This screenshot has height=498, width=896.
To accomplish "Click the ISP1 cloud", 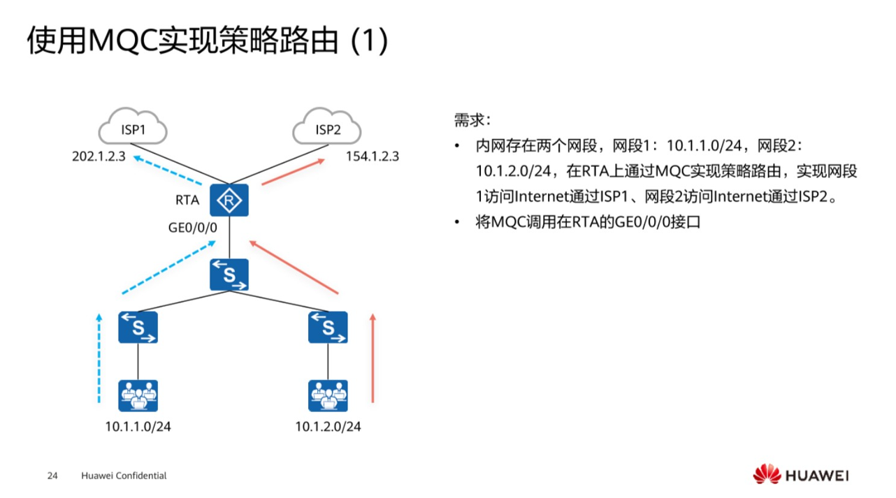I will click(x=133, y=129).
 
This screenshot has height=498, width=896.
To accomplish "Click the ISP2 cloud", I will click(x=327, y=129).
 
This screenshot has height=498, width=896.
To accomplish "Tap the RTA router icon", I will click(x=230, y=201).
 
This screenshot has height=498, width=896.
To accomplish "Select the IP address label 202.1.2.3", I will click(x=99, y=156).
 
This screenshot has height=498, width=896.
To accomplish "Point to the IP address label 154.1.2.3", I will click(x=373, y=156).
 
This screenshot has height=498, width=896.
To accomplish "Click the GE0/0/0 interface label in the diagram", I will click(x=193, y=227).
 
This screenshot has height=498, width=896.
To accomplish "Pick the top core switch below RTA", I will click(x=230, y=274).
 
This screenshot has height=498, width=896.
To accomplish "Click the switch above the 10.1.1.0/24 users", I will click(x=138, y=327).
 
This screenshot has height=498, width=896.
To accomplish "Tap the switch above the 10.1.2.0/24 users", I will click(x=328, y=327).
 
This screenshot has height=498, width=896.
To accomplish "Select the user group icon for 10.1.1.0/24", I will click(x=138, y=396).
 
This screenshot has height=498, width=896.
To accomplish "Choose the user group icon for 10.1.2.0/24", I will click(x=328, y=396).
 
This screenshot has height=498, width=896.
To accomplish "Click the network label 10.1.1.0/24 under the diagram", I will click(x=138, y=426).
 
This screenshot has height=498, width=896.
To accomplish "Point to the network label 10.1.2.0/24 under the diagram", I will click(x=328, y=426).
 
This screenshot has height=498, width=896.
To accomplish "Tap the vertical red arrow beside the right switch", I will click(x=373, y=358).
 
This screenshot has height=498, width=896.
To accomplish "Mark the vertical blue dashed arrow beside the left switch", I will click(x=99, y=358).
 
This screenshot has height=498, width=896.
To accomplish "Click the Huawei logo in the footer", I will click(x=800, y=476).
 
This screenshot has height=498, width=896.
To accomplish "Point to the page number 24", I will click(x=52, y=476).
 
